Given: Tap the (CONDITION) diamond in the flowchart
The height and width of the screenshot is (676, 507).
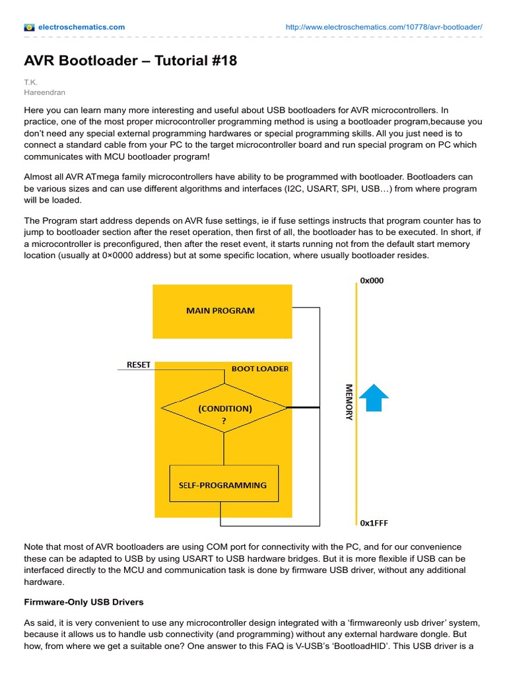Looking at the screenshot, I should click(x=224, y=409).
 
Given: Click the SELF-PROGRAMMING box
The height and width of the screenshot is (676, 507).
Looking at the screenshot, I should click(x=223, y=485).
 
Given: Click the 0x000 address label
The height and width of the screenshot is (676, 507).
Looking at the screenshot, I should click(x=372, y=281).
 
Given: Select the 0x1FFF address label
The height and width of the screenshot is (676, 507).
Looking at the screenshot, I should click(x=374, y=523).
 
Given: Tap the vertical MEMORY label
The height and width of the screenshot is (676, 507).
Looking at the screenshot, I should click(x=349, y=402).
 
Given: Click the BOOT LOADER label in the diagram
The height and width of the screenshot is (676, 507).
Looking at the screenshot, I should click(x=260, y=368).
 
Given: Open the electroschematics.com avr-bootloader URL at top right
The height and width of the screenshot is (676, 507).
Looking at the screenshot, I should click(x=384, y=27).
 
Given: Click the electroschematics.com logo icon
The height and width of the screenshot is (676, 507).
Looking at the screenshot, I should click(x=29, y=27).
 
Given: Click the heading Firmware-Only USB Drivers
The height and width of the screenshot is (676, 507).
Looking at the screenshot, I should click(x=84, y=603).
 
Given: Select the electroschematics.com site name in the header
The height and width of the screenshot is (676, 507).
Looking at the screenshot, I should click(x=81, y=27).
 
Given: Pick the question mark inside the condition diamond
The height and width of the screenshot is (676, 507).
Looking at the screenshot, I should click(x=224, y=419).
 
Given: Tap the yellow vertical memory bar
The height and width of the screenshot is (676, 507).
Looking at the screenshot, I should click(x=355, y=402).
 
